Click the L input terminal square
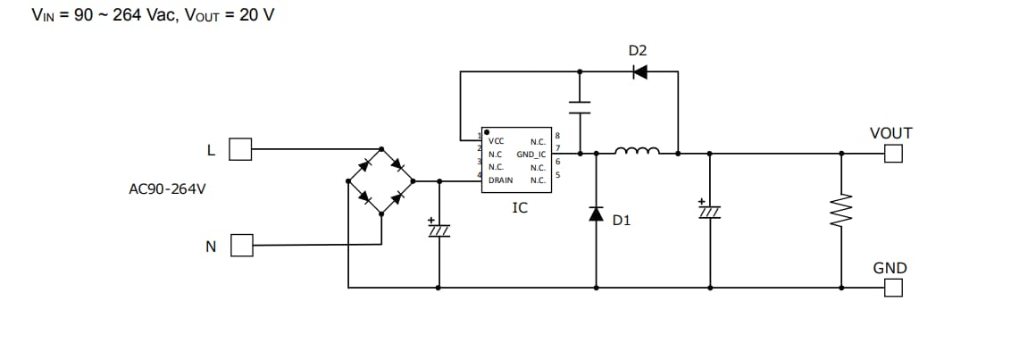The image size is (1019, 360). coord(240,149)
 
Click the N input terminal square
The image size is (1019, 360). coord(240,245)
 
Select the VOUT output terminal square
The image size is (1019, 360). coord(893,154)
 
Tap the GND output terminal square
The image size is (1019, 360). coord(893,288)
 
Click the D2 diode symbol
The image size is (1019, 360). coord(639,72)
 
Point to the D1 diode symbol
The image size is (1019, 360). coord(597,213)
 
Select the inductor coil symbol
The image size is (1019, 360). coord(637,151)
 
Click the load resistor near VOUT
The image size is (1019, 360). coord(841,212)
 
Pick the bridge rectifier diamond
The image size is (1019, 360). coord(381,180)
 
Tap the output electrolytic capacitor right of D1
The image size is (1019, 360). coord(710,210)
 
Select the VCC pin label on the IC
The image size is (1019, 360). coord(497,141)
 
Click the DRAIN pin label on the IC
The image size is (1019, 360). coord(500,180)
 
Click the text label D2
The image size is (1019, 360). coord(638,50)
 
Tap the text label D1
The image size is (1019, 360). coord(622,219)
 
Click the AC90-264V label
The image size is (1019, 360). coord(167,189)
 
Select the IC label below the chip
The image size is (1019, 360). coord(519,208)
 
